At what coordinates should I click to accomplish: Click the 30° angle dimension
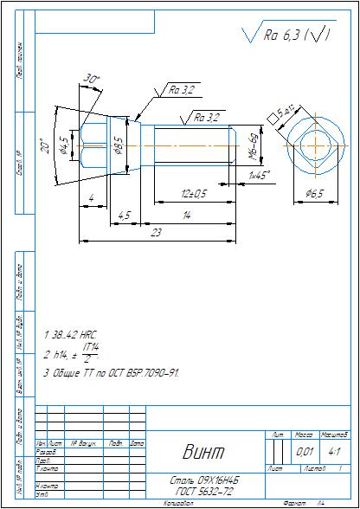coord(92,80)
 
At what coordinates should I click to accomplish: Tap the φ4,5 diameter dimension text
coord(63,141)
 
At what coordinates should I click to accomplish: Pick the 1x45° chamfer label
coord(258,175)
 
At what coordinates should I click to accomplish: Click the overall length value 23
coord(156,232)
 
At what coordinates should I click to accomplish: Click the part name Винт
coord(202,451)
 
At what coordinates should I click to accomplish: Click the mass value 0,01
coord(305,451)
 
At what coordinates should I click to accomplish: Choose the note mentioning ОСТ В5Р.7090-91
coord(111,373)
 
